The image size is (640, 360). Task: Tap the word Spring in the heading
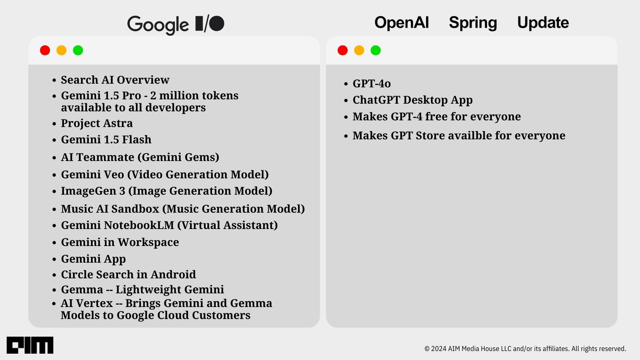[x=473, y=23]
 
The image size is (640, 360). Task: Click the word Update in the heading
[x=543, y=23]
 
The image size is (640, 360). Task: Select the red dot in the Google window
[x=45, y=50]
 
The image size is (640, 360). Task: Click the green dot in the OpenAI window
[x=376, y=50]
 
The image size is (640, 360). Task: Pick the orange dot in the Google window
[x=61, y=50]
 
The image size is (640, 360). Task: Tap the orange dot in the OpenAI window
[x=359, y=50]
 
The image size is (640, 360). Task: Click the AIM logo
[x=30, y=345]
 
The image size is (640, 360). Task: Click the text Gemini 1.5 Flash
[x=106, y=139]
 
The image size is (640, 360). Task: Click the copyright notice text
[x=525, y=349]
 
